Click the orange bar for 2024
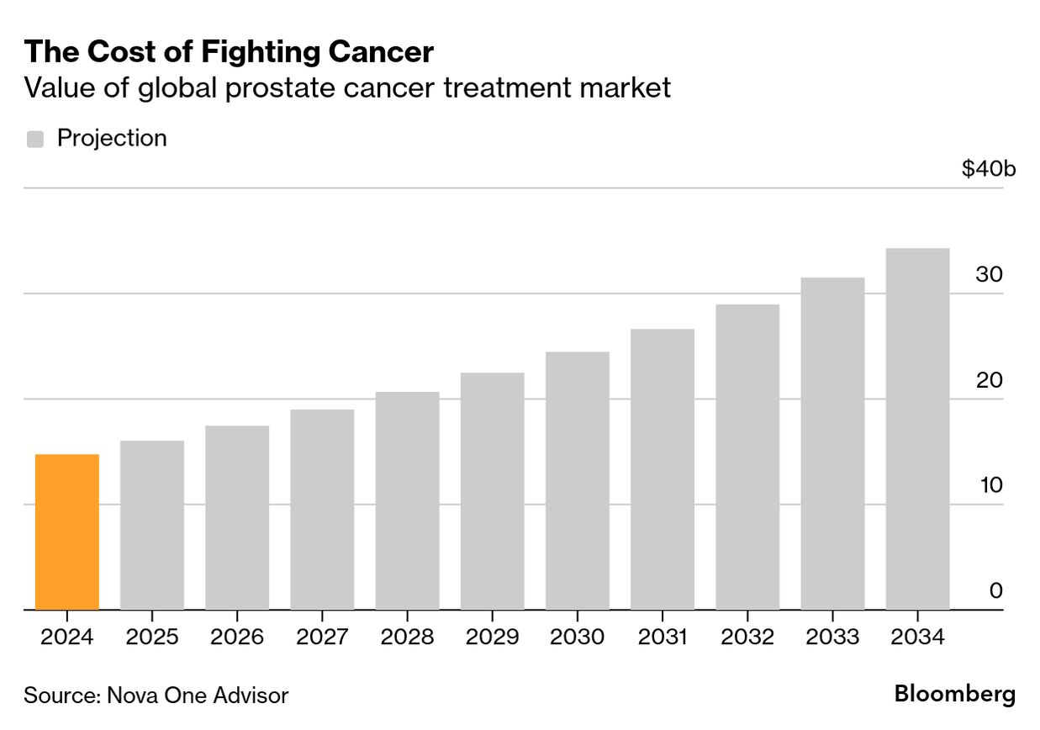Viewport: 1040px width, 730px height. [x=67, y=532]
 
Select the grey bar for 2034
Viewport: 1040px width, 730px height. [x=917, y=429]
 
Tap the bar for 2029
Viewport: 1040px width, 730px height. [x=492, y=491]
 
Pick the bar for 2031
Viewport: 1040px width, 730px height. [x=662, y=469]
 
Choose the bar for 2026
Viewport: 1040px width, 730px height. [x=237, y=517]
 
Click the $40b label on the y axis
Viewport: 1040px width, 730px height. [x=989, y=169]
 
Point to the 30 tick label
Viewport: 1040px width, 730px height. [x=989, y=275]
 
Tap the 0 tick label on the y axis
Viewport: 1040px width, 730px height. [x=995, y=590]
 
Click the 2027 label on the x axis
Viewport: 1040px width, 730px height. [x=322, y=637]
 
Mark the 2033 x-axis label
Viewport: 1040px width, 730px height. [x=832, y=637]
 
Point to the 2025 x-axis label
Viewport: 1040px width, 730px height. [x=152, y=637]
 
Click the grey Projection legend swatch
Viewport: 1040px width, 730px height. [x=35, y=139]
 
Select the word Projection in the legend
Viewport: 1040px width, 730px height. [x=112, y=138]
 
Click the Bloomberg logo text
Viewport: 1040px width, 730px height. [x=954, y=695]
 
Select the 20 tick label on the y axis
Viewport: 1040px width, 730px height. [x=989, y=380]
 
